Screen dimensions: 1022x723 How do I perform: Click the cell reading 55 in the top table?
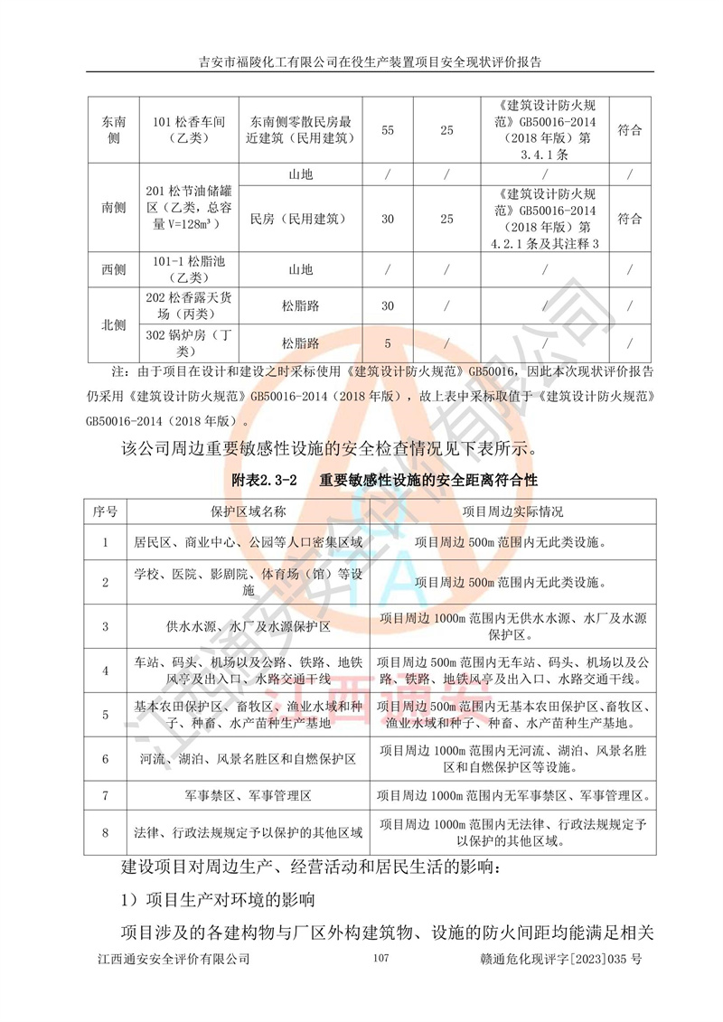[388, 130]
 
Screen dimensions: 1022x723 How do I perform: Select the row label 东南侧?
[114, 130]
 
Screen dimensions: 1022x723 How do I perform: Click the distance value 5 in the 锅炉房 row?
[388, 343]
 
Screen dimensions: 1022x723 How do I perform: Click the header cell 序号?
[105, 511]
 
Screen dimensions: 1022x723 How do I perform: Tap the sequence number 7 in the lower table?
[105, 796]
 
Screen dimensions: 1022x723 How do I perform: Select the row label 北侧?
[114, 324]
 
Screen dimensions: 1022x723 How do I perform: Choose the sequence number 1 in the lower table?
[105, 543]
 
